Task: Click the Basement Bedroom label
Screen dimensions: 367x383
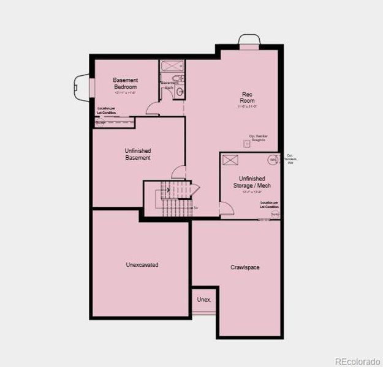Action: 125,83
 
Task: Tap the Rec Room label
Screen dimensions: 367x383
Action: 247,97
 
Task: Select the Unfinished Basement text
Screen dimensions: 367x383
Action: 138,154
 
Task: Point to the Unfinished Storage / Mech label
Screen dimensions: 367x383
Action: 252,182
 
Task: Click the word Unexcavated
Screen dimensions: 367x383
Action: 142,265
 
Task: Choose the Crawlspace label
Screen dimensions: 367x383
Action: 245,267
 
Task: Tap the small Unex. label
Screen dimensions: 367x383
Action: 204,300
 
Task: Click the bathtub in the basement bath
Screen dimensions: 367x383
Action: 172,66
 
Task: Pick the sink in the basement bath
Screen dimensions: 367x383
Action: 180,92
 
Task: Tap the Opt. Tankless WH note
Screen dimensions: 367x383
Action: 290,159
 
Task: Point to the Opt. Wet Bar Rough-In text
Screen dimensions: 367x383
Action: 257,138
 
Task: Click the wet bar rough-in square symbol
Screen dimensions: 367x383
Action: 247,144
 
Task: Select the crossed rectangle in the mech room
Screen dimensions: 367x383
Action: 230,160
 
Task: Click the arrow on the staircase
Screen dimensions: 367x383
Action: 166,190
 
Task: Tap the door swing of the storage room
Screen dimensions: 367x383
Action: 226,209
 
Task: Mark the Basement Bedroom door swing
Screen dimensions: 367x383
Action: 153,109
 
